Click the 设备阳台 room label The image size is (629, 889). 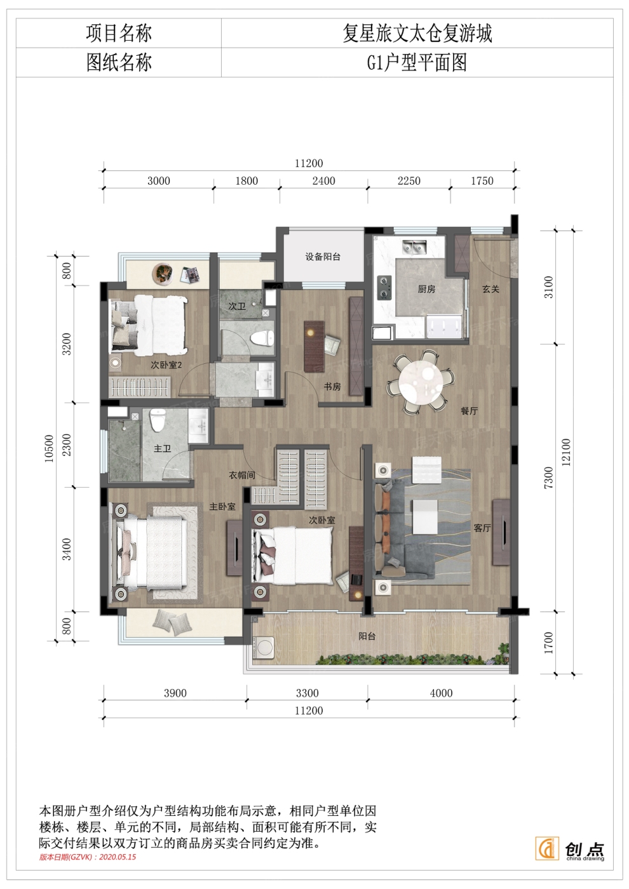[323, 257]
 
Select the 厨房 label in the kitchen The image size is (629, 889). [426, 289]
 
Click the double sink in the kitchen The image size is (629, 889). [414, 246]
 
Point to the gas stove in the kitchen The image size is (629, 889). [384, 287]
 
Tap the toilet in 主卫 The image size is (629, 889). [158, 420]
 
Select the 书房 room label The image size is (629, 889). [332, 386]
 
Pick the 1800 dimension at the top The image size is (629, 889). [247, 181]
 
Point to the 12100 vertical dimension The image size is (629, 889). [566, 452]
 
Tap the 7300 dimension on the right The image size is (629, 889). [548, 478]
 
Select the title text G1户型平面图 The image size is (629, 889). [417, 63]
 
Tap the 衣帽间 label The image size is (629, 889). [242, 475]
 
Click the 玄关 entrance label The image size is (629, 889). [490, 289]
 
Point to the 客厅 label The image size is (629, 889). [482, 528]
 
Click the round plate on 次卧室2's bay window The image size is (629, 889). [163, 273]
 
